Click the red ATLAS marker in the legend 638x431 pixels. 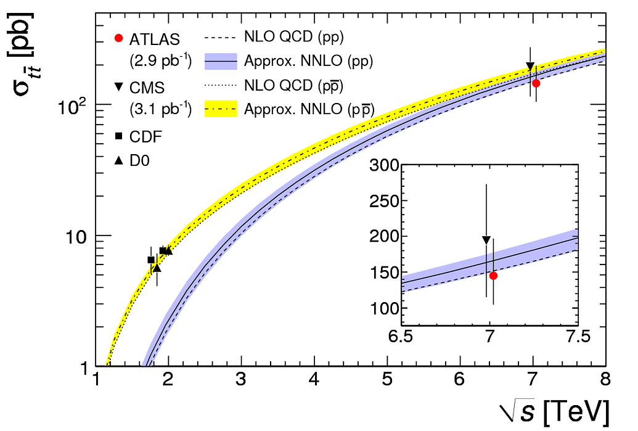click(120, 39)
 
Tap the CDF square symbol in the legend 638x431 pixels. click(120, 136)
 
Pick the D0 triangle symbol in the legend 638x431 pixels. click(120, 160)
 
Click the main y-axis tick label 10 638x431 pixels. click(76, 236)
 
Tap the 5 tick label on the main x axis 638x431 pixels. click(386, 379)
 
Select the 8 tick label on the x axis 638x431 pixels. click(605, 379)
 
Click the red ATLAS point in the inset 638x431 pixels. click(493, 276)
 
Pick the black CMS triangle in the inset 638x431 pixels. click(486, 240)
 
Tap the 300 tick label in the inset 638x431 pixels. click(382, 165)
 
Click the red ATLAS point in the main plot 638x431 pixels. click(536, 83)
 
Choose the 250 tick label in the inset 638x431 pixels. click(382, 201)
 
